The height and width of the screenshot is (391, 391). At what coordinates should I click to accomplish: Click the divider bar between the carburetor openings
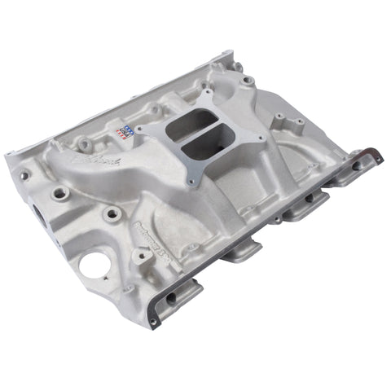click(195, 138)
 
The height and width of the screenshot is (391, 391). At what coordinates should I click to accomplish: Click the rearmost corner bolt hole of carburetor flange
click(201, 105)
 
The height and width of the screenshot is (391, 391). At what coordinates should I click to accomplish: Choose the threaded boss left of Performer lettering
click(111, 215)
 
